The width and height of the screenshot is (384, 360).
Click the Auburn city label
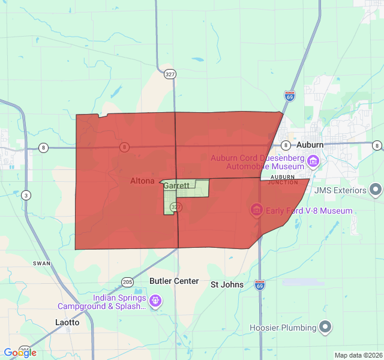310,145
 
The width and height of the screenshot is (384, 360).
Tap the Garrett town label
176,186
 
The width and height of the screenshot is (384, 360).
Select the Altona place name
142,181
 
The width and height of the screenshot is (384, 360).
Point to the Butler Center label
174,281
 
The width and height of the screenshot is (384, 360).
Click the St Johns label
227,284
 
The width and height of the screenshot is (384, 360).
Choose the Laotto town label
68,322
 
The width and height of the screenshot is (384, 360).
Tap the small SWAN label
42,263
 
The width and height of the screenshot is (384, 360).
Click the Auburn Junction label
283,179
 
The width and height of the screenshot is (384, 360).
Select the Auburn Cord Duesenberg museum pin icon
313,161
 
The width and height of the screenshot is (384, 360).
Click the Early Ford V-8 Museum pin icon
256,211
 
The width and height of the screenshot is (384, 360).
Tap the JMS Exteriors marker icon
376,191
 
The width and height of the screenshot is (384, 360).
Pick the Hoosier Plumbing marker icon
325,328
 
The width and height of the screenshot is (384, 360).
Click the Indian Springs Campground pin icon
155,301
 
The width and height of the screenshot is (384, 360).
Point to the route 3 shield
26,195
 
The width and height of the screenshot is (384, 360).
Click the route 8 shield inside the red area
124,146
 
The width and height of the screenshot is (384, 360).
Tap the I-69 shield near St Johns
260,284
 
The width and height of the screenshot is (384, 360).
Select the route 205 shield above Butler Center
127,281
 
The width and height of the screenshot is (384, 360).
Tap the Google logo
20,352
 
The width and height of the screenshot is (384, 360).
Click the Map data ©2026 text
358,355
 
